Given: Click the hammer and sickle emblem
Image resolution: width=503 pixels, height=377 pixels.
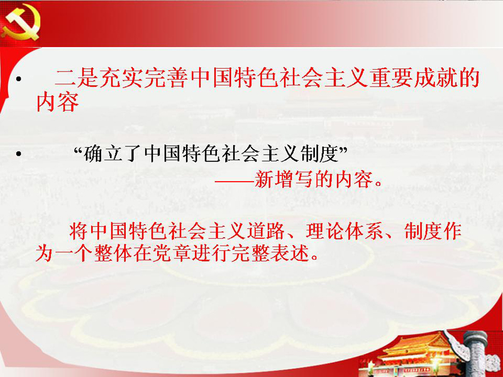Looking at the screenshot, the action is (21, 23).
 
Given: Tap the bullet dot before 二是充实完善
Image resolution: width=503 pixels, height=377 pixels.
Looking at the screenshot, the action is (19, 79).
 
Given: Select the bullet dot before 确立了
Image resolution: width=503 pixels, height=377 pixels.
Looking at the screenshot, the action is (19, 154).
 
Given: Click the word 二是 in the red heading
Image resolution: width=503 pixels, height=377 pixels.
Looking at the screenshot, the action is (77, 78).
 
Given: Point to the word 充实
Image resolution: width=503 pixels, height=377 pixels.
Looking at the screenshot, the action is (121, 78).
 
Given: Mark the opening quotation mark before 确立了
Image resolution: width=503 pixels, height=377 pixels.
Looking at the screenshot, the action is (79, 150).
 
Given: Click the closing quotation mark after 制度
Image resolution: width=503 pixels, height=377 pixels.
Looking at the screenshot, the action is (343, 150).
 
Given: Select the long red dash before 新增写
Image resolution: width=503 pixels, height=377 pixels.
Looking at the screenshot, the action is (235, 182).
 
